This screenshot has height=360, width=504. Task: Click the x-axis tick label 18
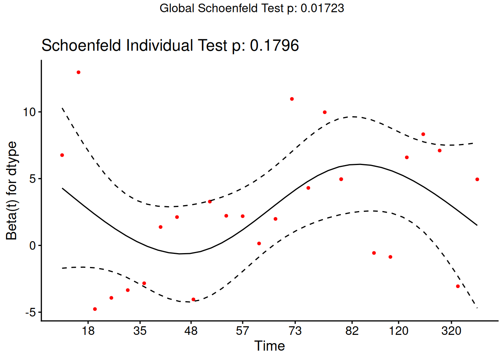coord(88,331)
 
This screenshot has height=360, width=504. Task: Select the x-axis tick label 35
coord(140,331)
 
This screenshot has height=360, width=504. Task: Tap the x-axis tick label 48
coord(191,331)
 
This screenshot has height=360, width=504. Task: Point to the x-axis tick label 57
coord(243,331)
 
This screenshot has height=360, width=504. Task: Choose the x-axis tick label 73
coord(295,331)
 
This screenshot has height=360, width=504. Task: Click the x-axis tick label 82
coord(352,331)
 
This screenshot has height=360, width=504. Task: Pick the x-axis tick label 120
coord(398,331)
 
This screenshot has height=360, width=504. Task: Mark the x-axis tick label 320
coord(451,331)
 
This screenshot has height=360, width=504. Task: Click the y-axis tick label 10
coord(29,112)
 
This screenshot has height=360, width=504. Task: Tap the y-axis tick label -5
coord(30,312)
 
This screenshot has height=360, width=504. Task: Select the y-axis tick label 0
coord(33,246)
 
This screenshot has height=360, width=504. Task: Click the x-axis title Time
coord(270,346)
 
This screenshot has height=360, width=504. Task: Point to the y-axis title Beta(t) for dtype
coord(12,190)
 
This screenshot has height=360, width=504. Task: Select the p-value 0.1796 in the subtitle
coord(274,45)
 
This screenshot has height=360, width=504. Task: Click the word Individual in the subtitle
coord(160,45)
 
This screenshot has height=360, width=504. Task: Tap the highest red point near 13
coord(78,72)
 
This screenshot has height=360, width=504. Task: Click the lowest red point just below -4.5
coord(95,309)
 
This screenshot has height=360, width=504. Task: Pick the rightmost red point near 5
coord(477,179)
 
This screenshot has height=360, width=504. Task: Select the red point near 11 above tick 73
coord(292,99)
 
